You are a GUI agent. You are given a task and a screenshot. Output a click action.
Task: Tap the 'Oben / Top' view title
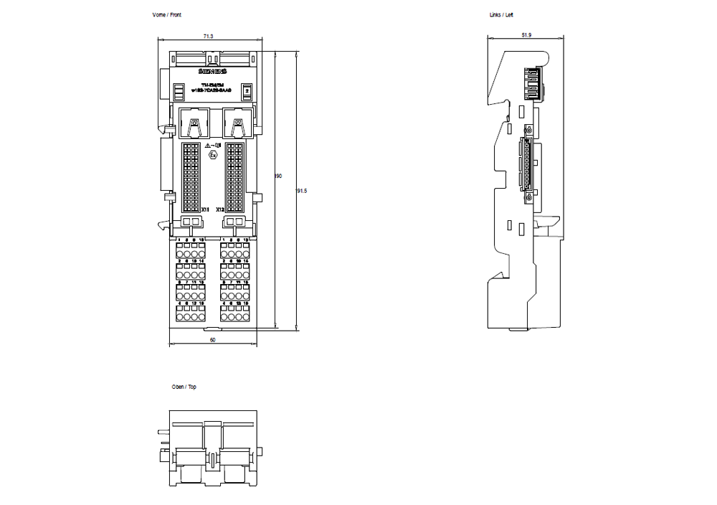point(184,387)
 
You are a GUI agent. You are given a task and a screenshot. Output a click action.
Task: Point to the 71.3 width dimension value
point(208,35)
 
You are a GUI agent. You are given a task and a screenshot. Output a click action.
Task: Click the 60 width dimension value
point(213,340)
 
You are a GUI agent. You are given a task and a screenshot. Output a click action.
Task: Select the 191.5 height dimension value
point(301,191)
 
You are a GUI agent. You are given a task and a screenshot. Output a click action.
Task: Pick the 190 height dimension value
point(278,176)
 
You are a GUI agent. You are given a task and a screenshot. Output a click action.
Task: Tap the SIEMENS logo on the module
point(212,72)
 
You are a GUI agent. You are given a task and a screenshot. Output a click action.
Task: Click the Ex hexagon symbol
point(212,154)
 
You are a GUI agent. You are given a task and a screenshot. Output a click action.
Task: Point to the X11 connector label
point(205,209)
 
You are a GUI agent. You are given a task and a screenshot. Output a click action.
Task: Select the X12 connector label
point(220,209)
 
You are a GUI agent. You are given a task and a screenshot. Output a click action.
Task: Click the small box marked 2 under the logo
point(246,91)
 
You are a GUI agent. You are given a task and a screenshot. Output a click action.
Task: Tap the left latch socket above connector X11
point(193,123)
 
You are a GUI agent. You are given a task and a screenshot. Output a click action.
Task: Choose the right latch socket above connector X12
point(237,123)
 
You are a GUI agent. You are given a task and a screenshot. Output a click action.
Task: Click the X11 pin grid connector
point(191,174)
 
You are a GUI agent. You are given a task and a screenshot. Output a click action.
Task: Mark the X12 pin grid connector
point(234,174)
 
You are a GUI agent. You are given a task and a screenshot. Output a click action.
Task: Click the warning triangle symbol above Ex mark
point(207,146)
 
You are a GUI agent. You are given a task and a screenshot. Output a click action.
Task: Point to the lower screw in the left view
point(528,197)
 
